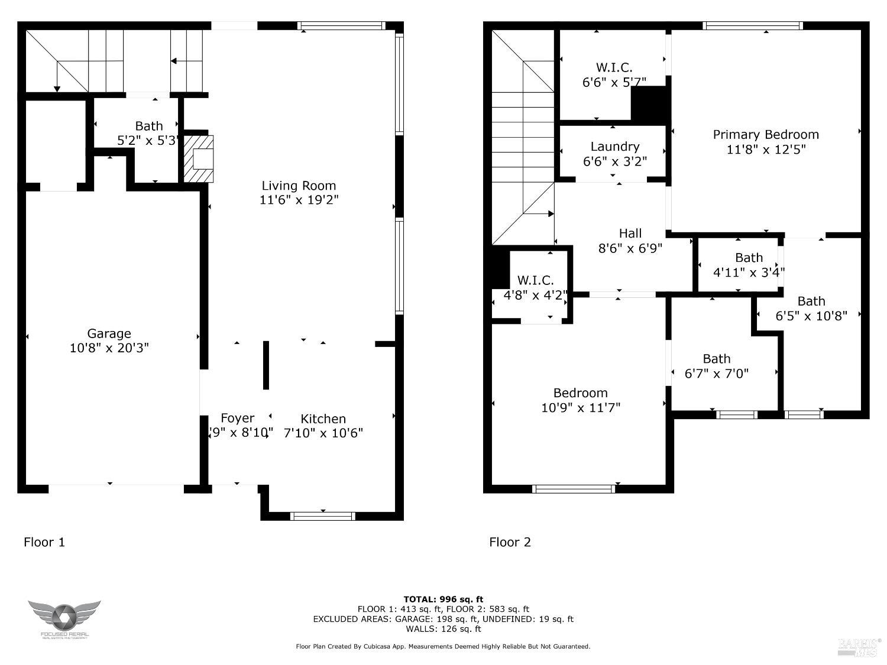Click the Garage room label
coord(109,333)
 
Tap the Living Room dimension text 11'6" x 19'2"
coord(299,200)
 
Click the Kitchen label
coord(323,419)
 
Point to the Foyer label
coord(237,419)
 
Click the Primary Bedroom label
coord(766,135)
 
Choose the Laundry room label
coord(614,147)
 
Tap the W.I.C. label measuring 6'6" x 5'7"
coord(614,68)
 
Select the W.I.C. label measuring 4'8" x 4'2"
coord(535,280)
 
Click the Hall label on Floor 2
coord(630,233)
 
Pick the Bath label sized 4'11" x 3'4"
coord(749,258)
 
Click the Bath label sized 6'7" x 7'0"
coord(716,359)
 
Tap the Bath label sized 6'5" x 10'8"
coord(811,301)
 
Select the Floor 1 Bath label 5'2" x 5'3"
coord(149,126)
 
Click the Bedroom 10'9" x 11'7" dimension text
coord(580,408)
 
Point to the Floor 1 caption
coord(44,542)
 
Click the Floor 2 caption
coord(510,542)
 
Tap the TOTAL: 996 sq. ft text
coord(443,599)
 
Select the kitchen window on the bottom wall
coord(323,515)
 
